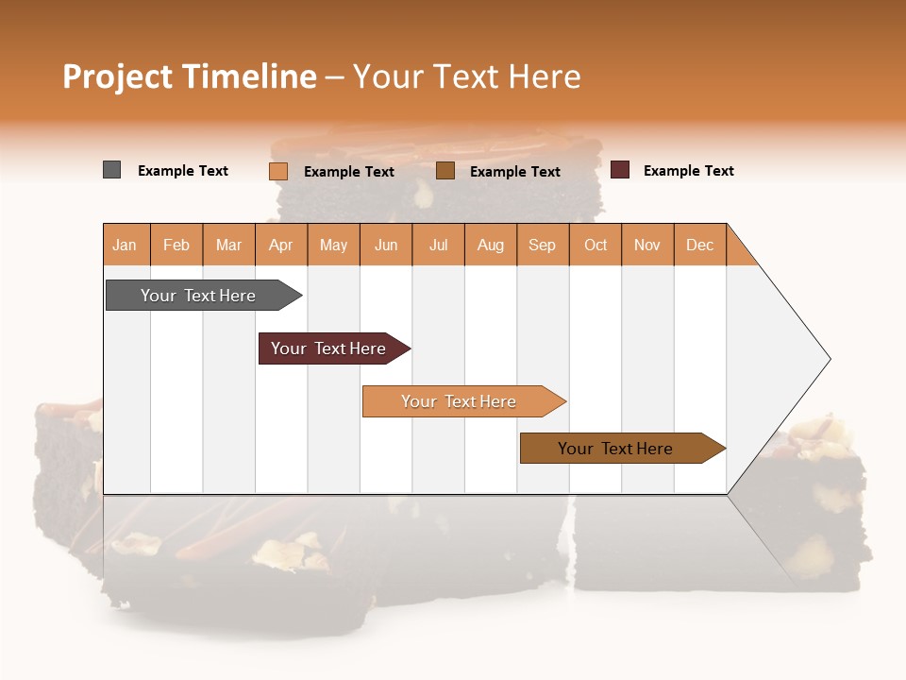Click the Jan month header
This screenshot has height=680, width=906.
(125, 245)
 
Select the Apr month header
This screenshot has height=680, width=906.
(281, 245)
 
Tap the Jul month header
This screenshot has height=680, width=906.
(438, 245)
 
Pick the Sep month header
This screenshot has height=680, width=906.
(542, 245)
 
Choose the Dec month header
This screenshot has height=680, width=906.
(699, 245)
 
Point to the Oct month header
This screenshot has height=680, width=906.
(596, 245)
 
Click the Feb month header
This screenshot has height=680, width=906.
(176, 245)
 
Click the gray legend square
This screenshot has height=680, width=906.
(111, 170)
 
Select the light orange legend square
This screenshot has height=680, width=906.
(278, 171)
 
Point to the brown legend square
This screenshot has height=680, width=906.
(445, 171)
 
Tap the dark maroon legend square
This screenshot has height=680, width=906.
(620, 170)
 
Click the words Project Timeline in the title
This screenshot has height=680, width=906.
(190, 76)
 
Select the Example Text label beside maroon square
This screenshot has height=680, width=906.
(688, 171)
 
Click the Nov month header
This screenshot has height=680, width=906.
(647, 245)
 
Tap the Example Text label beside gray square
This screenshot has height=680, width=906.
(183, 171)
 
